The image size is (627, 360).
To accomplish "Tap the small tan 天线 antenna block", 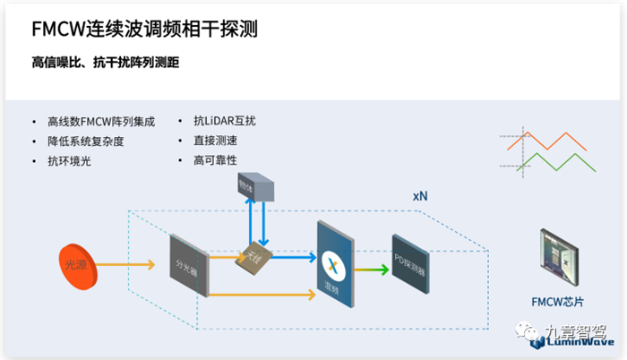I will tap(253, 259).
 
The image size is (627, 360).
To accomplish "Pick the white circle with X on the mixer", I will tap(334, 263).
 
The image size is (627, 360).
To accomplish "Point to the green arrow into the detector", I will tap(371, 269).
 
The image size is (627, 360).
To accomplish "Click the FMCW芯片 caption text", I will tap(555, 302).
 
